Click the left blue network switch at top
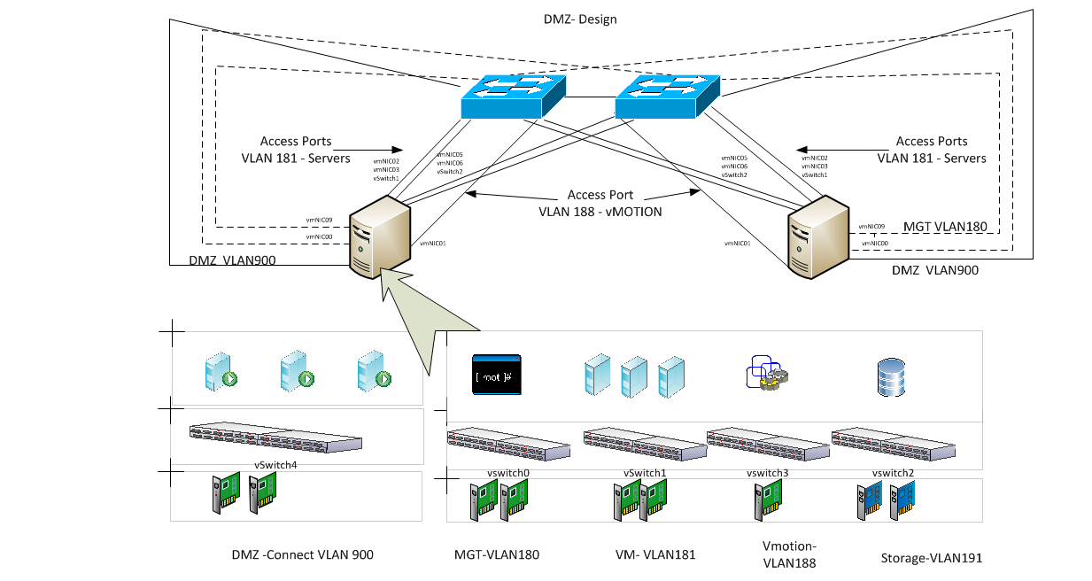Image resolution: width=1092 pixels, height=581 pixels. pyautogui.click(x=512, y=96)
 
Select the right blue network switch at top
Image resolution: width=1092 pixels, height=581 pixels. pyautogui.click(x=666, y=96)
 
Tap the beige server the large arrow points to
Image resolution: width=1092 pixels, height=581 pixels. pyautogui.click(x=380, y=236)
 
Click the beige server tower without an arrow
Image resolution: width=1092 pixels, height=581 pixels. pyautogui.click(x=818, y=236)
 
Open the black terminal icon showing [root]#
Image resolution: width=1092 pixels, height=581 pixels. pyautogui.click(x=496, y=375)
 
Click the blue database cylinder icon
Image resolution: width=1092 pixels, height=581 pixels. pyautogui.click(x=891, y=377)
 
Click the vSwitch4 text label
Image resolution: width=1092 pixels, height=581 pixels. pyautogui.click(x=275, y=462)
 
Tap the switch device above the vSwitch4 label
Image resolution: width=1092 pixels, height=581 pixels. pyautogui.click(x=275, y=437)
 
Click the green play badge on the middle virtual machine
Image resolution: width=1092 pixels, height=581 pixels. pyautogui.click(x=306, y=379)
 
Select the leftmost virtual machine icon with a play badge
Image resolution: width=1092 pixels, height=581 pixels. pyautogui.click(x=219, y=372)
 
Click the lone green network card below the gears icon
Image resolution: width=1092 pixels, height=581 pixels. pyautogui.click(x=768, y=500)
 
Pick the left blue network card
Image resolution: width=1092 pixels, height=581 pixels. pyautogui.click(x=869, y=500)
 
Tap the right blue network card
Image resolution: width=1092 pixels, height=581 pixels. pyautogui.click(x=902, y=500)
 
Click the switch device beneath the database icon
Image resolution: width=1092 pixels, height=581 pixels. pyautogui.click(x=893, y=444)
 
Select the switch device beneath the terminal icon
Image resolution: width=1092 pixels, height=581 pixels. pyautogui.click(x=507, y=444)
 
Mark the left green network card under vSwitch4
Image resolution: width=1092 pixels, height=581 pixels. pyautogui.click(x=226, y=492)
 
